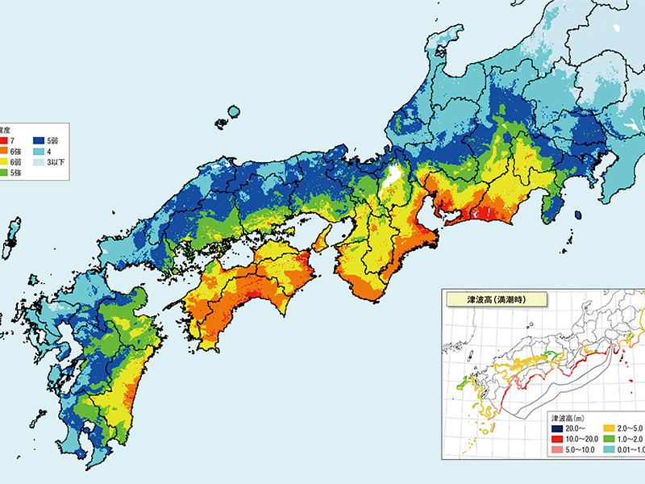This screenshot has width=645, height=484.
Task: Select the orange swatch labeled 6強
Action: point(3,151)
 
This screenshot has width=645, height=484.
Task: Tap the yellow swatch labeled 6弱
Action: point(3,161)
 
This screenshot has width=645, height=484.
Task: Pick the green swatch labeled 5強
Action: point(3,172)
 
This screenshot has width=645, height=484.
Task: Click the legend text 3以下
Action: point(57,161)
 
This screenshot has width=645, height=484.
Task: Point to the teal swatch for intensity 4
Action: point(38,151)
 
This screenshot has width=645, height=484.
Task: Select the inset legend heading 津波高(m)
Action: point(572,419)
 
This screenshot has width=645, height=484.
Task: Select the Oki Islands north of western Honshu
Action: point(234,112)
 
